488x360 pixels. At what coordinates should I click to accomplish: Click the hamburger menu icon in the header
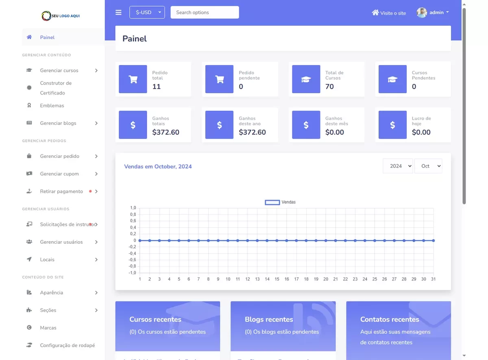coord(118,13)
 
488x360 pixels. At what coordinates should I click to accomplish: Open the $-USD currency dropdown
coord(147,12)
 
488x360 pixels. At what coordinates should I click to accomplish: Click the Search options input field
coord(205,13)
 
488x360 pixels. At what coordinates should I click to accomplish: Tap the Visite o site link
coord(389,13)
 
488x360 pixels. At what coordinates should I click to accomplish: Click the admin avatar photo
coord(422,13)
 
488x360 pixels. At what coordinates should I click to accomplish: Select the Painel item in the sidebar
coord(47,37)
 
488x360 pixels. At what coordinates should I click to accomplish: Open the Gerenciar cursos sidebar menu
coord(59,70)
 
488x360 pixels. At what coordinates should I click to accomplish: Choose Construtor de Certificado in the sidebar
coord(56,88)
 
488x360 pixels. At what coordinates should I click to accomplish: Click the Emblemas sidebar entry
coord(52,106)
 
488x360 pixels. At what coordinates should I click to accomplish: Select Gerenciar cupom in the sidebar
coord(59,174)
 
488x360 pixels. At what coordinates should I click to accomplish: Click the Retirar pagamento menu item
coord(61,191)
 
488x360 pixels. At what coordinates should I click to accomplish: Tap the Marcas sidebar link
coord(48,328)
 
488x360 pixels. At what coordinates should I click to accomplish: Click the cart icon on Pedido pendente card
coord(220,79)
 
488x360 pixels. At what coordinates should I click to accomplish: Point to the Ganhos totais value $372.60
coord(166,132)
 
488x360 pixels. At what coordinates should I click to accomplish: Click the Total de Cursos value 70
coord(329,87)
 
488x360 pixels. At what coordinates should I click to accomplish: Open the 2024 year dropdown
coord(398,166)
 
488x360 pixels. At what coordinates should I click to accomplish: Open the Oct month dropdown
coord(428,166)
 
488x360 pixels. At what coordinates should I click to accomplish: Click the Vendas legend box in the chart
coord(272,202)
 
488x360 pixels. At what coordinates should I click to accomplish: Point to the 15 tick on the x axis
coord(277,279)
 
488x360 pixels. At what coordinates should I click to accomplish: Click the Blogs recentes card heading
coord(269,319)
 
